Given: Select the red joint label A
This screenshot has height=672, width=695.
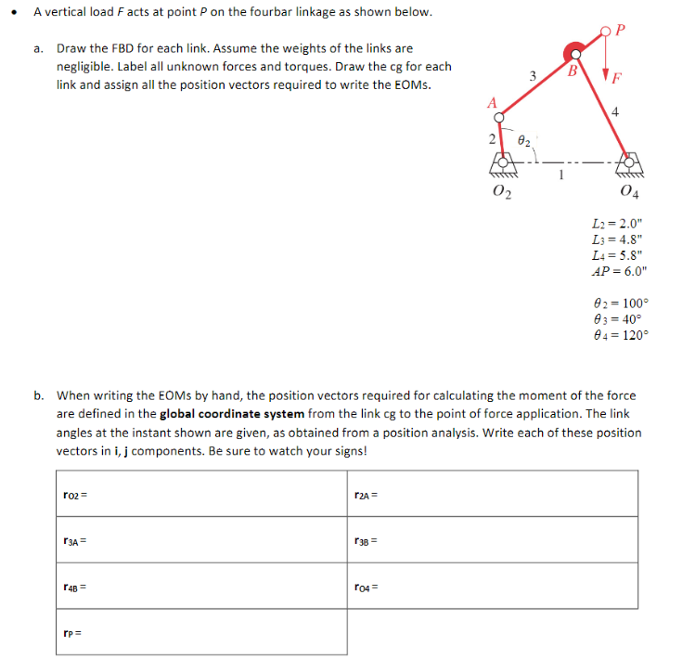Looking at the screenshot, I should [x=492, y=102].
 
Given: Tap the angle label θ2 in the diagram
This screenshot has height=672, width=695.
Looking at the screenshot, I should [x=523, y=142].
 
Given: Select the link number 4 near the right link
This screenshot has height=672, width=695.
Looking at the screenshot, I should [x=615, y=112].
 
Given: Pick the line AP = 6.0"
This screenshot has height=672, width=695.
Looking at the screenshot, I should [x=620, y=272].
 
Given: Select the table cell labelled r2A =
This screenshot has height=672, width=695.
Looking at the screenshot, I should [x=493, y=493].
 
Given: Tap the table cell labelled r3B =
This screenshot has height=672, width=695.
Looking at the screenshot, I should [x=493, y=539].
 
